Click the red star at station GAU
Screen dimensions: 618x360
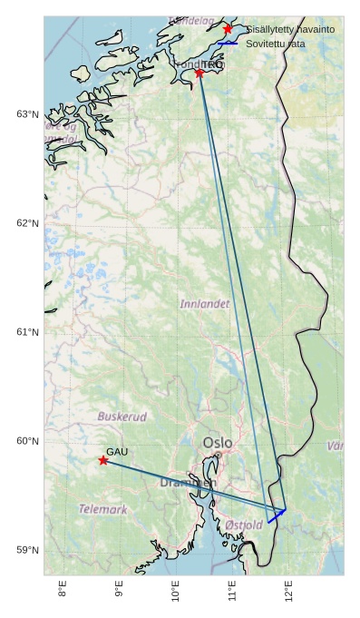pyautogui.click(x=103, y=460)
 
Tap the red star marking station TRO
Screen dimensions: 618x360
pyautogui.click(x=199, y=72)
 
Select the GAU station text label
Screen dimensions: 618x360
pyautogui.click(x=117, y=451)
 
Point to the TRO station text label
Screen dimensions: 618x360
pyautogui.click(x=212, y=64)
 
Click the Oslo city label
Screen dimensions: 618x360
pyautogui.click(x=218, y=443)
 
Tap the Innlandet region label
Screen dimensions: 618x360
pyautogui.click(x=205, y=304)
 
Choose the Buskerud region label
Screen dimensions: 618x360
pyautogui.click(x=122, y=417)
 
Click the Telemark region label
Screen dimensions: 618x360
pyautogui.click(x=102, y=509)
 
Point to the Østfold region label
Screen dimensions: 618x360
pyautogui.click(x=244, y=525)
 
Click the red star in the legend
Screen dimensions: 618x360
pyautogui.click(x=228, y=29)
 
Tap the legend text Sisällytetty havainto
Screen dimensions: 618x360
pyautogui.click(x=290, y=29)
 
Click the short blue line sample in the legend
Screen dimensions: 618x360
pyautogui.click(x=228, y=44)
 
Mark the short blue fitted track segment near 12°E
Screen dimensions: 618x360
pyautogui.click(x=277, y=515)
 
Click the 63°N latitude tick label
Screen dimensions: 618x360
pyautogui.click(x=28, y=114)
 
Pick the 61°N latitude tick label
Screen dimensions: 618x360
pyautogui.click(x=28, y=332)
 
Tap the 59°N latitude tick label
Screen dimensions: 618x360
pyautogui.click(x=28, y=550)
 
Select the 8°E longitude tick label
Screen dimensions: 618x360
pyautogui.click(x=63, y=590)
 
